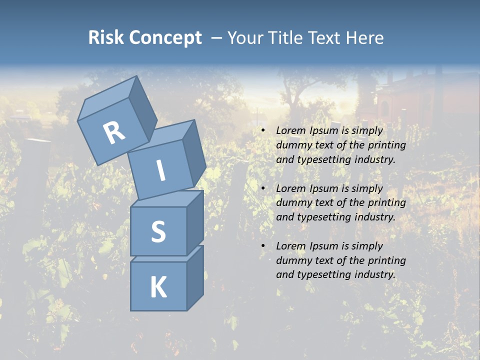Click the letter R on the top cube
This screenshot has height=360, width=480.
114,133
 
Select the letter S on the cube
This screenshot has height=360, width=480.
158,231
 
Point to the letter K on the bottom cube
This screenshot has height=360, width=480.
158,287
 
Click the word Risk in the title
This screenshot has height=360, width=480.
105,37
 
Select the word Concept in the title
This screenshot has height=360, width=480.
165,37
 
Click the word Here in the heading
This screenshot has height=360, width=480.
366,37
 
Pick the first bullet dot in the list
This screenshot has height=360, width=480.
263,131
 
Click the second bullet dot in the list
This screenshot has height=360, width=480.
263,188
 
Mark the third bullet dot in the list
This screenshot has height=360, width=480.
263,246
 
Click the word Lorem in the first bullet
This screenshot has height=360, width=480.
290,130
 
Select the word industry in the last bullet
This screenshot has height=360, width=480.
374,274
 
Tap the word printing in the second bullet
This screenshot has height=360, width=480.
386,203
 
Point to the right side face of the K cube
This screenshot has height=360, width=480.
195,277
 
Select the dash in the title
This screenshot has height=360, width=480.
216,38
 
